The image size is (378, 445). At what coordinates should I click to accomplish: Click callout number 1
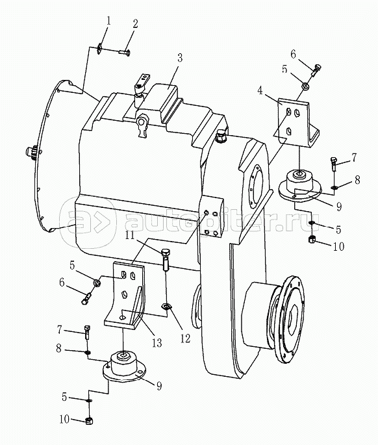pyautogui.click(x=108, y=21)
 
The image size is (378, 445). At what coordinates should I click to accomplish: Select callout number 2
pyautogui.click(x=135, y=24)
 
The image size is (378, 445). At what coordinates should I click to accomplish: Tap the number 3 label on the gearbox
pyautogui.click(x=180, y=58)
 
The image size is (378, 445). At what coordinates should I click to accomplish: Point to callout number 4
pyautogui.click(x=260, y=91)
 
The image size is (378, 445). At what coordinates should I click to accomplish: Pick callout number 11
pyautogui.click(x=131, y=236)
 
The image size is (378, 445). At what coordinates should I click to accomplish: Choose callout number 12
pyautogui.click(x=185, y=338)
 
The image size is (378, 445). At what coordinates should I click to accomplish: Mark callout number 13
pyautogui.click(x=157, y=343)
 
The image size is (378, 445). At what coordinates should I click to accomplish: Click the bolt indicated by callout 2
pyautogui.click(x=125, y=53)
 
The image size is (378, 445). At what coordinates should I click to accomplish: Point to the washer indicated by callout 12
pyautogui.click(x=166, y=307)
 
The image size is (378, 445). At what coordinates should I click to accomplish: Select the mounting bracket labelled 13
pyautogui.click(x=127, y=295)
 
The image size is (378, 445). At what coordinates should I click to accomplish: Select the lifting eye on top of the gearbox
pyautogui.click(x=142, y=125)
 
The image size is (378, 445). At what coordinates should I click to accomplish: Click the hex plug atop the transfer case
pyautogui.click(x=221, y=136)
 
